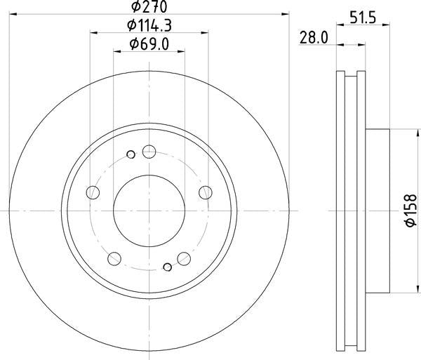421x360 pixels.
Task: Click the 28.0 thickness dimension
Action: (314, 39)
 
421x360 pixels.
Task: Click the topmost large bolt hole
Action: (149, 151)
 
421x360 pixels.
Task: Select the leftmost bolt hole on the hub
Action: (93, 192)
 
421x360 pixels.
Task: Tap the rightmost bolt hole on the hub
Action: (205, 192)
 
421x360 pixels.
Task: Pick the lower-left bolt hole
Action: (114, 258)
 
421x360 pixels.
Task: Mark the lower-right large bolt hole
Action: (183, 258)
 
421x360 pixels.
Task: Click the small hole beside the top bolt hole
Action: (131, 154)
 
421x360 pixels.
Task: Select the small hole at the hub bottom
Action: (167, 266)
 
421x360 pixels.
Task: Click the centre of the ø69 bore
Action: (149, 209)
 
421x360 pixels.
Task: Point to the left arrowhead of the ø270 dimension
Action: (13, 13)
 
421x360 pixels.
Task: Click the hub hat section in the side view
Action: (377, 211)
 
